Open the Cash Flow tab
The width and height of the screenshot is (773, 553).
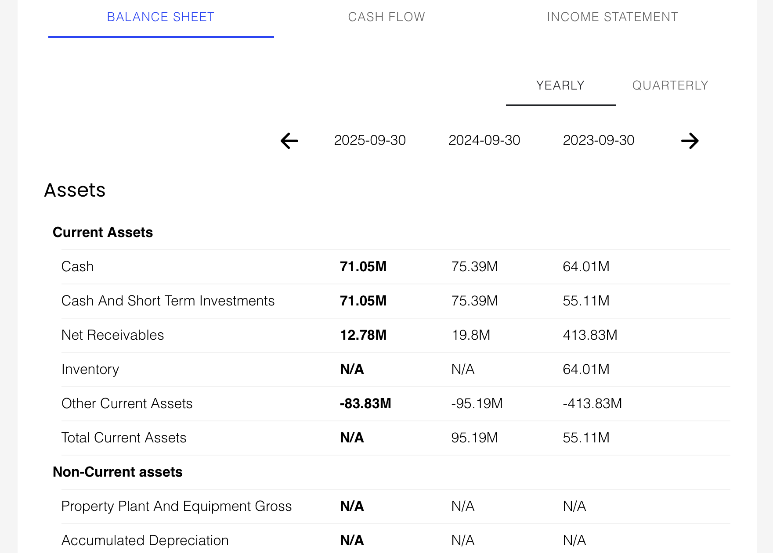tap(386, 17)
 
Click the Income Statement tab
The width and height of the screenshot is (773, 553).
tap(612, 17)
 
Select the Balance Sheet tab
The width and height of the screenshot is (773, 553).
tap(161, 17)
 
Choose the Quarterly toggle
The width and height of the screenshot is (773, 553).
tap(670, 86)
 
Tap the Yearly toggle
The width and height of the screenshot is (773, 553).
tap(560, 86)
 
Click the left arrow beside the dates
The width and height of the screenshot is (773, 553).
tap(289, 141)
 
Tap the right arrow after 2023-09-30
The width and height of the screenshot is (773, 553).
tap(690, 141)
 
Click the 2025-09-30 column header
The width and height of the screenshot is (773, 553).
tap(370, 140)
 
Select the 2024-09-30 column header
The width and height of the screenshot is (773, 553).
tap(484, 140)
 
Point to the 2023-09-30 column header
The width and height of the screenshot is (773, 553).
tap(599, 140)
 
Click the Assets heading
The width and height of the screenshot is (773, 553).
tap(75, 190)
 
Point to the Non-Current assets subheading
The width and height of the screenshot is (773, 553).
tap(117, 472)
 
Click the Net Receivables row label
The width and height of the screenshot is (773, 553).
tap(112, 335)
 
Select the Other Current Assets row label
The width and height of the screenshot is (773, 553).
tap(127, 404)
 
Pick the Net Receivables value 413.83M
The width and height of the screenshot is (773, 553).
tap(590, 335)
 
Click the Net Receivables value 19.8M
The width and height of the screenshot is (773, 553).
tap(471, 335)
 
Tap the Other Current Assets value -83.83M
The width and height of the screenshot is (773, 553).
tap(365, 404)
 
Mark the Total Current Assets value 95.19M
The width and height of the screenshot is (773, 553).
tap(474, 438)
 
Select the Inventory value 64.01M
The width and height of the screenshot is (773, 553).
tap(586, 370)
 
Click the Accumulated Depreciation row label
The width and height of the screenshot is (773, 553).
tap(145, 541)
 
